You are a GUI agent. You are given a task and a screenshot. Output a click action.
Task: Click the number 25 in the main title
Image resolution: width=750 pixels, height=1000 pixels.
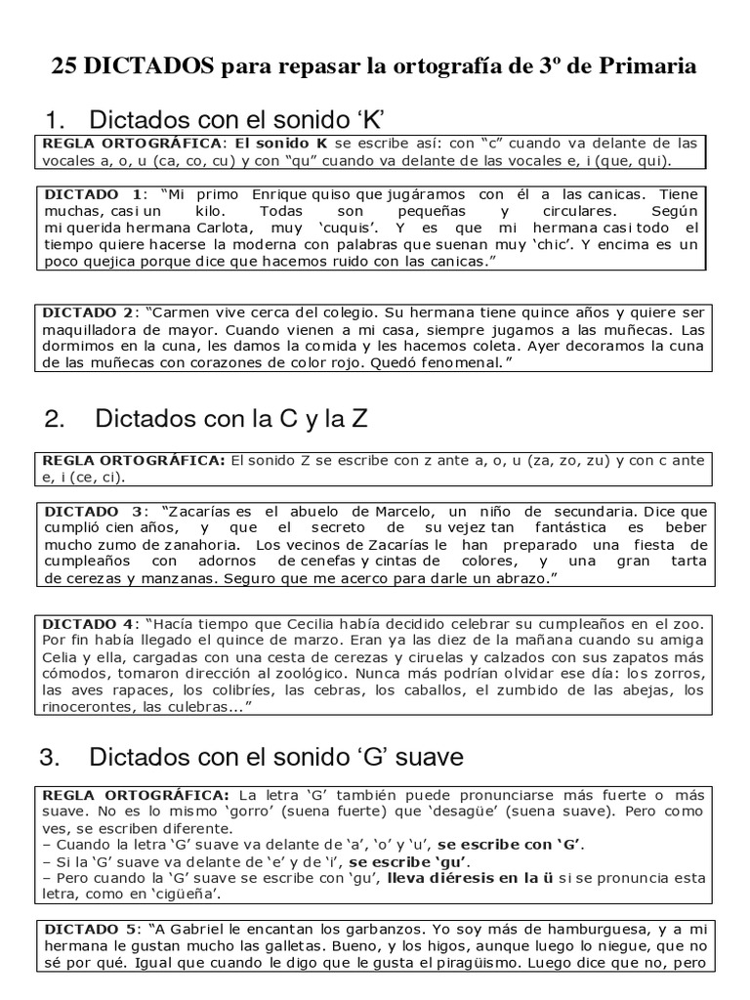click(66, 66)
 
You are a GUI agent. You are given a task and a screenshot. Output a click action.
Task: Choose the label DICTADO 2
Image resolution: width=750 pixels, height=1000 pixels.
click(90, 313)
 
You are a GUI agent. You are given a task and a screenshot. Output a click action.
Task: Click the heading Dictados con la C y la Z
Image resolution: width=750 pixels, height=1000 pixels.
click(231, 419)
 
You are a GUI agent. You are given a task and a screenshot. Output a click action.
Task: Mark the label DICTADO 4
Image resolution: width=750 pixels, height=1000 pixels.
click(90, 622)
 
